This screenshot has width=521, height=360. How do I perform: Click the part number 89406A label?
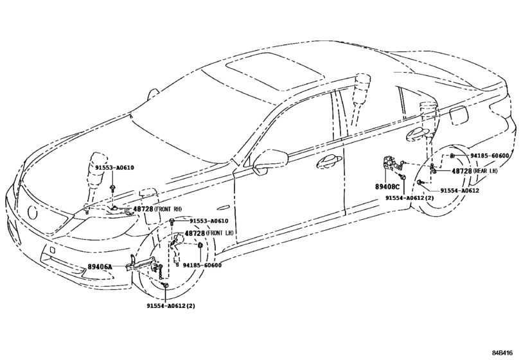point(100,267)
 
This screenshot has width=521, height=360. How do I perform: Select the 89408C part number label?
point(387,187)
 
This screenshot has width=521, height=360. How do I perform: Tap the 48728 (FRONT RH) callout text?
point(157,209)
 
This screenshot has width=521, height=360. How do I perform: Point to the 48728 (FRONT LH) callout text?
point(209,233)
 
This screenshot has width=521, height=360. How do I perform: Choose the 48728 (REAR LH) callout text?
point(475,171)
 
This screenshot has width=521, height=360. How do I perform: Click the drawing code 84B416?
point(503,352)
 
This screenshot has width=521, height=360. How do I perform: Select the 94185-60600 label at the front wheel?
point(202,265)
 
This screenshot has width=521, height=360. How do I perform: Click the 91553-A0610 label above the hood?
point(114,168)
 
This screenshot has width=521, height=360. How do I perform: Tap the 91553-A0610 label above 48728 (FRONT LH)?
point(209,221)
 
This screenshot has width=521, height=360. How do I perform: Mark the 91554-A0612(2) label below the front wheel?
point(171,305)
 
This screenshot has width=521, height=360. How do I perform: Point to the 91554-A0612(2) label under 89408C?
point(410,198)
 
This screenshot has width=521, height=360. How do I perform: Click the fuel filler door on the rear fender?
point(459,115)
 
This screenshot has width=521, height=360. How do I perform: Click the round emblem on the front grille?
point(33,212)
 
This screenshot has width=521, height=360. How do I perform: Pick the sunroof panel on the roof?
point(274,71)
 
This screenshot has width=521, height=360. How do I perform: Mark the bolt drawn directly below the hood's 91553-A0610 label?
point(113,188)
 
